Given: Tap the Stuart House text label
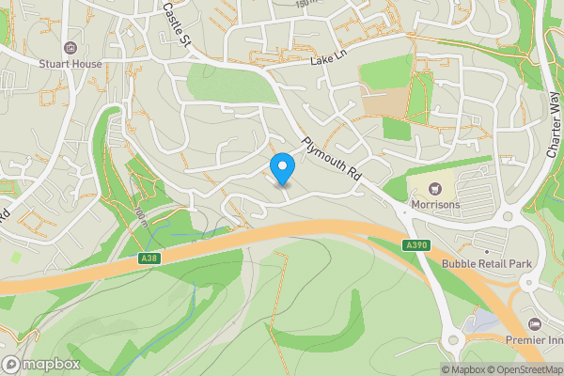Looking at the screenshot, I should tap(70, 64).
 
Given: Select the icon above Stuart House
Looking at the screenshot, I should tap(70, 48).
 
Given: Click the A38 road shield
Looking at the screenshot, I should tap(148, 257).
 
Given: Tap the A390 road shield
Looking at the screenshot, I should tap(418, 245).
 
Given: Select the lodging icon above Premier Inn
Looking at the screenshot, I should tap(536, 322).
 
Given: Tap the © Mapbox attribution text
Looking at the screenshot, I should tap(463, 369).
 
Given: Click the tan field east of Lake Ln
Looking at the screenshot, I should tap(395, 101).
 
